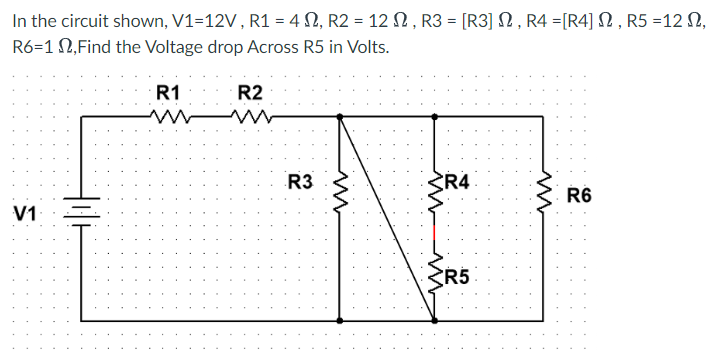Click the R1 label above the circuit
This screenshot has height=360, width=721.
[169, 93]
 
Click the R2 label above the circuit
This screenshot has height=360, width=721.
[250, 93]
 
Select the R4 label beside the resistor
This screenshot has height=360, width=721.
[461, 182]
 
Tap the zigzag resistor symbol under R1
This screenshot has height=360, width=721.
[166, 117]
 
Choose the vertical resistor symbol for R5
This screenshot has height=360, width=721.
[434, 277]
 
